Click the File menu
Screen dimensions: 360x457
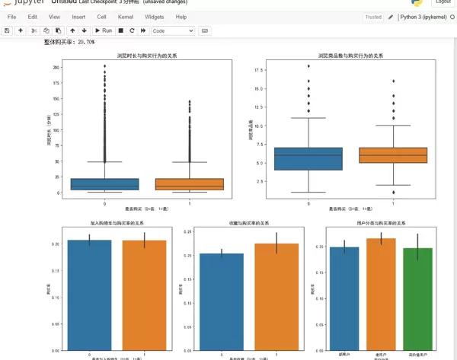point(11,17)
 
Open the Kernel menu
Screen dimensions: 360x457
point(126,17)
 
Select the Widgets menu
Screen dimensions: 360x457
point(154,17)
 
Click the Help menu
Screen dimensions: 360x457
point(181,17)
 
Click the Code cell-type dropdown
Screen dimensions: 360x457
point(173,30)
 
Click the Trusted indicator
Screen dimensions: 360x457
point(373,17)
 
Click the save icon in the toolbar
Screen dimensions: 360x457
point(7,30)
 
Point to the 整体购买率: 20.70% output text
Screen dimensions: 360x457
point(69,43)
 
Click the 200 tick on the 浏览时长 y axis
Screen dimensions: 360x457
point(56,67)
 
